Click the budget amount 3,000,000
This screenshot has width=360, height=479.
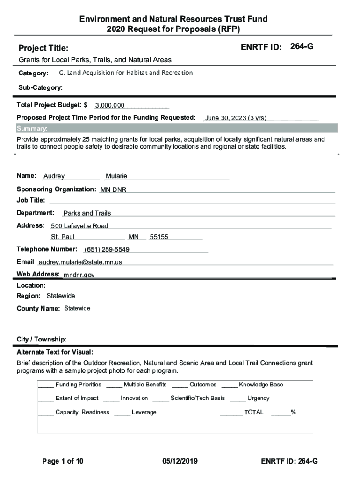(110, 106)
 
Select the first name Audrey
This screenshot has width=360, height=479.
(54, 176)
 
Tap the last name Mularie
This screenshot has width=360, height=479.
(116, 176)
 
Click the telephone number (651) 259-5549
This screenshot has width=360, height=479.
(107, 249)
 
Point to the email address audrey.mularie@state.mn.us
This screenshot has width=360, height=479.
(80, 262)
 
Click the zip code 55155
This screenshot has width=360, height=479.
(159, 237)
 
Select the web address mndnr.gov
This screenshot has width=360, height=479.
(79, 275)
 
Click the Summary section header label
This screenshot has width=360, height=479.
(32, 129)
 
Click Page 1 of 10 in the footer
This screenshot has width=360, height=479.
(63, 461)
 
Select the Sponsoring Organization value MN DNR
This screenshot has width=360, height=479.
(113, 189)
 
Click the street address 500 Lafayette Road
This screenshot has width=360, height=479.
(79, 226)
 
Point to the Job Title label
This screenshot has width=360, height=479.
(31, 200)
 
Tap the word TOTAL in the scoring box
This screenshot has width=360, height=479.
(254, 412)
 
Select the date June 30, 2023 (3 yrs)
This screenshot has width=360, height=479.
(236, 118)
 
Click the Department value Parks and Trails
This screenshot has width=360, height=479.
(87, 213)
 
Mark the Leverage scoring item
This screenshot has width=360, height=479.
(144, 412)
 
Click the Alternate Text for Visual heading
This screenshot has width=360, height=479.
(55, 352)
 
